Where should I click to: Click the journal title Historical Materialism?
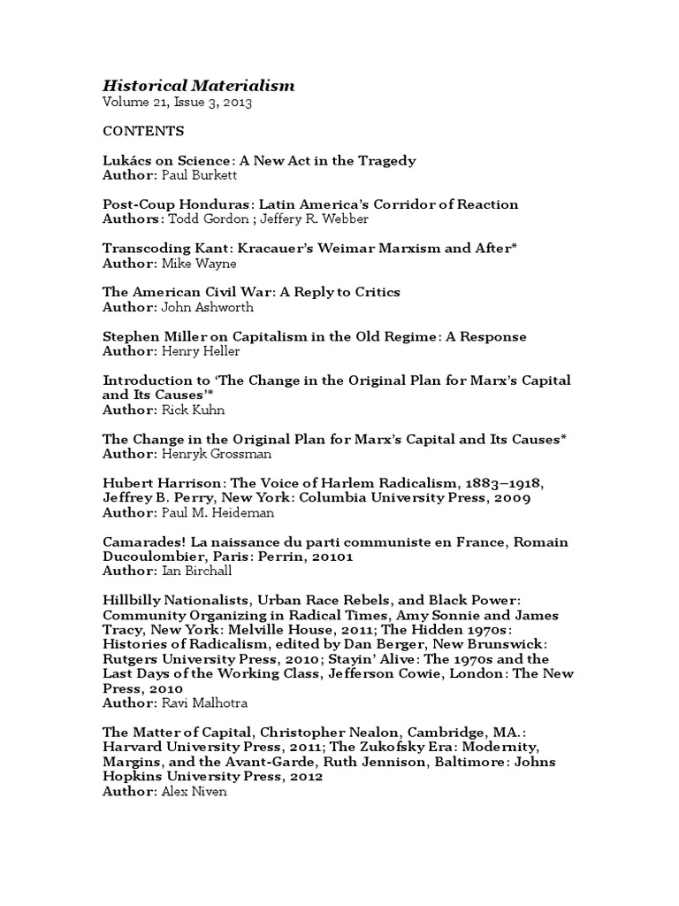coord(199,86)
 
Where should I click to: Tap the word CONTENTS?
coord(143,131)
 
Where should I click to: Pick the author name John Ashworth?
coord(206,307)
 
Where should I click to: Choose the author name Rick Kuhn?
coord(193,410)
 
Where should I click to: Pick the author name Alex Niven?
coord(194,791)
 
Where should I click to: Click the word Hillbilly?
coord(132,600)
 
